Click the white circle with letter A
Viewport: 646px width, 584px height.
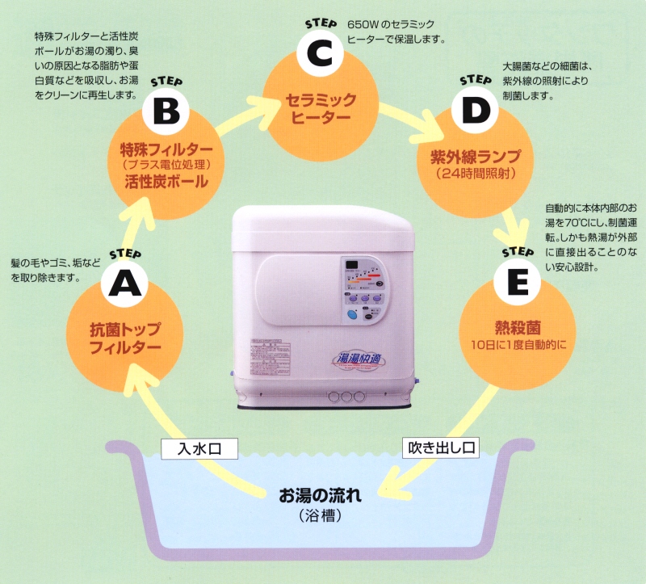pos(124,283)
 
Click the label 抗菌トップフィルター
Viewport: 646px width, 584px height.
pos(124,339)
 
